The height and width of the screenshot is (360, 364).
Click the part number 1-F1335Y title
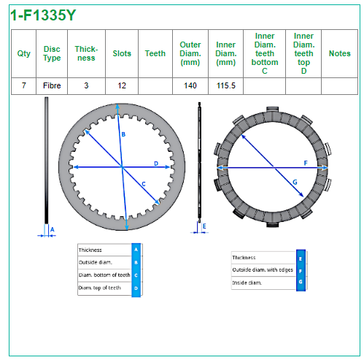43,15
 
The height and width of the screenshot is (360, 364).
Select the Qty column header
24,53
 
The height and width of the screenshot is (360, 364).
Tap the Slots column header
122,53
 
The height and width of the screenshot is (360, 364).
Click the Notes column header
339,53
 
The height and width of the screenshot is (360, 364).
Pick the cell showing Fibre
52,85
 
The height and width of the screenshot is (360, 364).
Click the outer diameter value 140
190,85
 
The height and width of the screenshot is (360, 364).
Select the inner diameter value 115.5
226,85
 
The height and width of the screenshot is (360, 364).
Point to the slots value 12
122,85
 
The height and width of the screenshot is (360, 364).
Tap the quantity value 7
24,85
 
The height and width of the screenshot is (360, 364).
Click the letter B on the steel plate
123,134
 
